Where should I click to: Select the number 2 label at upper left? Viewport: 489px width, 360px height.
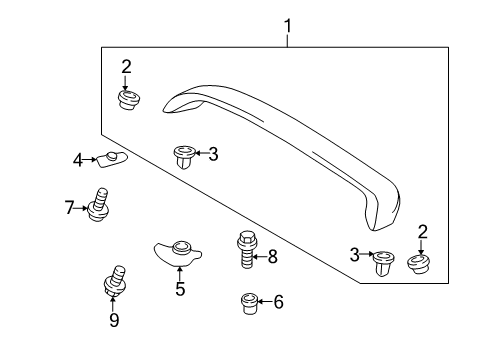point(126,67)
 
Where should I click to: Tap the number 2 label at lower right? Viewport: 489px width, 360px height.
point(421,232)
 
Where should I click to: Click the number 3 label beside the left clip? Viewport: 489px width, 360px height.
point(213,153)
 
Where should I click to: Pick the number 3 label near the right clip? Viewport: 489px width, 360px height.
point(354,256)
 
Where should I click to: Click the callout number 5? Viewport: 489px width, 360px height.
point(180,291)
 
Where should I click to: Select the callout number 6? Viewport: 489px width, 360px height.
point(279,300)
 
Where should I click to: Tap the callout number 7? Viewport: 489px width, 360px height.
point(69,208)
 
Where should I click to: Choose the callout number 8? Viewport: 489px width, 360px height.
point(273,257)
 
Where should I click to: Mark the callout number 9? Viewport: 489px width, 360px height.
point(113,319)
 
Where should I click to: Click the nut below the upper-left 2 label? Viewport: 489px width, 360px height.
point(127,99)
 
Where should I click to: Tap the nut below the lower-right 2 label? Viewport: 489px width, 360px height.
point(420,264)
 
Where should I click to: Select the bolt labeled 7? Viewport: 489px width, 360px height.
point(99,204)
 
